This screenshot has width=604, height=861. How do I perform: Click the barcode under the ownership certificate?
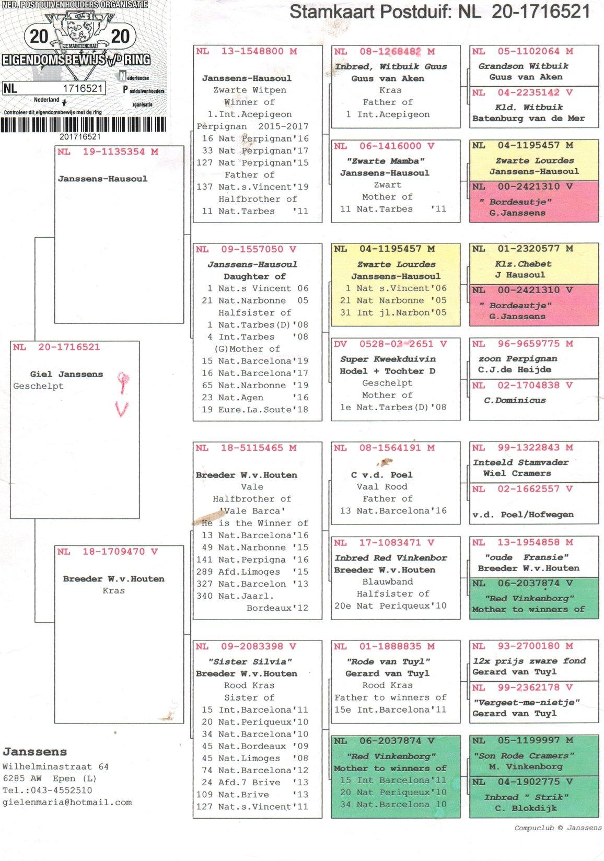(84, 125)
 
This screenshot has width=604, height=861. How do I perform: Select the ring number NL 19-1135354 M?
(108, 152)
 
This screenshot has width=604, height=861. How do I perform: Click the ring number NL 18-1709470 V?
(107, 552)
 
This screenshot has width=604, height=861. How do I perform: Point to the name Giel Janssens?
(66, 374)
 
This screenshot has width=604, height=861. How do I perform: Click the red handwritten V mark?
(122, 409)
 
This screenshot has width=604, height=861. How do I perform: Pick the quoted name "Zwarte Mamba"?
(386, 161)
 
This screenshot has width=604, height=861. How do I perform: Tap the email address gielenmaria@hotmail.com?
(67, 802)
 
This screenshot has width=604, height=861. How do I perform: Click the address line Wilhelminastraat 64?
(55, 766)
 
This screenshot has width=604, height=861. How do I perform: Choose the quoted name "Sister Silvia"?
(250, 661)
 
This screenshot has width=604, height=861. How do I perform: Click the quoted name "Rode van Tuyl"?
(388, 661)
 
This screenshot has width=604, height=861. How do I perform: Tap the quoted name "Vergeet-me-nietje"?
(526, 703)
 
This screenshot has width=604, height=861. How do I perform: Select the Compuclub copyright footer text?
(557, 828)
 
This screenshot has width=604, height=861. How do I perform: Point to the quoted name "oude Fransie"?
(526, 557)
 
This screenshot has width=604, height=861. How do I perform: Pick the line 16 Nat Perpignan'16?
(255, 138)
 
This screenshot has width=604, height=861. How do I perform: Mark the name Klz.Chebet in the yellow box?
(523, 264)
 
